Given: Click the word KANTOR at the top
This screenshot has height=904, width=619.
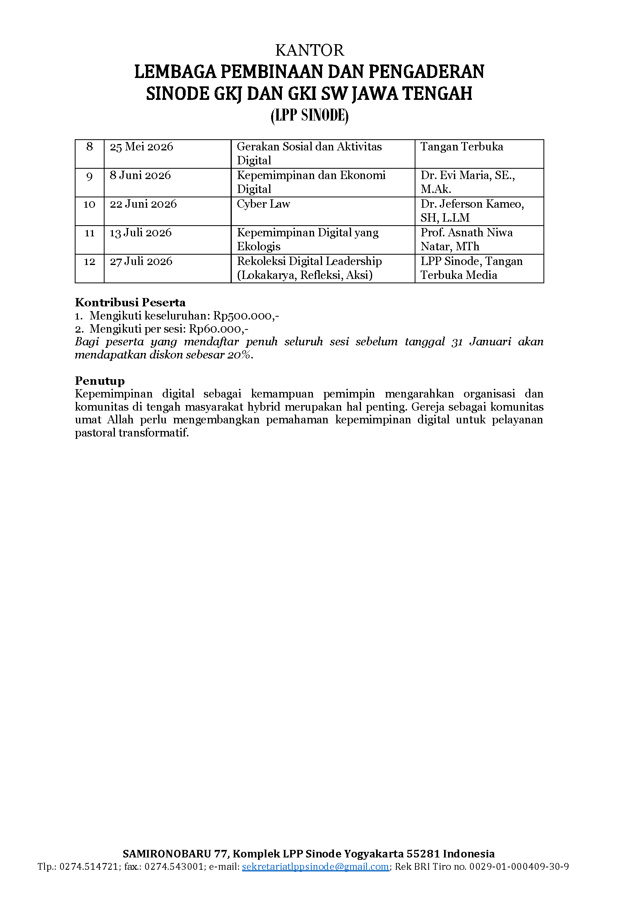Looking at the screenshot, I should (309, 51).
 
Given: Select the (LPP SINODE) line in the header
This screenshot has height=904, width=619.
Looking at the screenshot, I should (309, 116).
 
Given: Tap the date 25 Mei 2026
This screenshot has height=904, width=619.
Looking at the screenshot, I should (142, 147).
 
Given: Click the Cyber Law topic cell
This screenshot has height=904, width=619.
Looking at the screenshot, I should (263, 204).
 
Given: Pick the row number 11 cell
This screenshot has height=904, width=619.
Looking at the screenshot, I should (89, 233).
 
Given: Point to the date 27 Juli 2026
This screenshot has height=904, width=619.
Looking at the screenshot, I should (141, 261).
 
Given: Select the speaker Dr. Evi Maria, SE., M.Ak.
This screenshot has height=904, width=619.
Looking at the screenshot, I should (468, 182).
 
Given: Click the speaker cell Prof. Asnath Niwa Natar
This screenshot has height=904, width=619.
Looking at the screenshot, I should (466, 239).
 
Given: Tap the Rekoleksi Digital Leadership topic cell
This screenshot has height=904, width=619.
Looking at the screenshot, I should (309, 268).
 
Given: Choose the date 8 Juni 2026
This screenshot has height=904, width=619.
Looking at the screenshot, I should (140, 175).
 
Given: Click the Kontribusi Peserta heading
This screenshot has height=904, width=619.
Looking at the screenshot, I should (130, 302).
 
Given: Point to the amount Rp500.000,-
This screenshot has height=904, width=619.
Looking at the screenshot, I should (246, 316).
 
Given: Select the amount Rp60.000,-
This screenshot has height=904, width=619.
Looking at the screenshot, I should (219, 329).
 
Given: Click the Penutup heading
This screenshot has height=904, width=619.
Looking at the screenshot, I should (100, 381).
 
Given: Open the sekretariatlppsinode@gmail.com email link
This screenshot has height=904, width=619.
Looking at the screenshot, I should (315, 867).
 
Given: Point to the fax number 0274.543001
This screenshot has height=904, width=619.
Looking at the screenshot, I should (174, 867).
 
